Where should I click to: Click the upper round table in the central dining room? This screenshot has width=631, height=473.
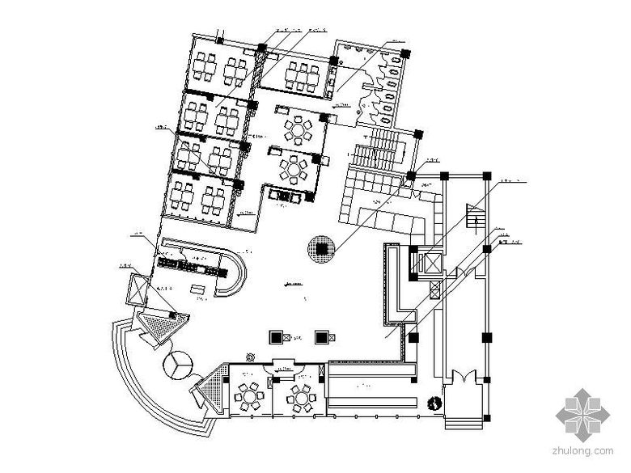pyautogui.click(x=300, y=129)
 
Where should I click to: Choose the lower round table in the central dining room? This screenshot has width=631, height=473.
pyautogui.click(x=292, y=168)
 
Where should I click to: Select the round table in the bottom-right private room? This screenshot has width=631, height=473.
pyautogui.click(x=300, y=396)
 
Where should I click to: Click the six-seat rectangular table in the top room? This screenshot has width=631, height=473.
pyautogui.click(x=303, y=76)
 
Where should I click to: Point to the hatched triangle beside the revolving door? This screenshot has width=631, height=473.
pyautogui.click(x=163, y=330)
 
